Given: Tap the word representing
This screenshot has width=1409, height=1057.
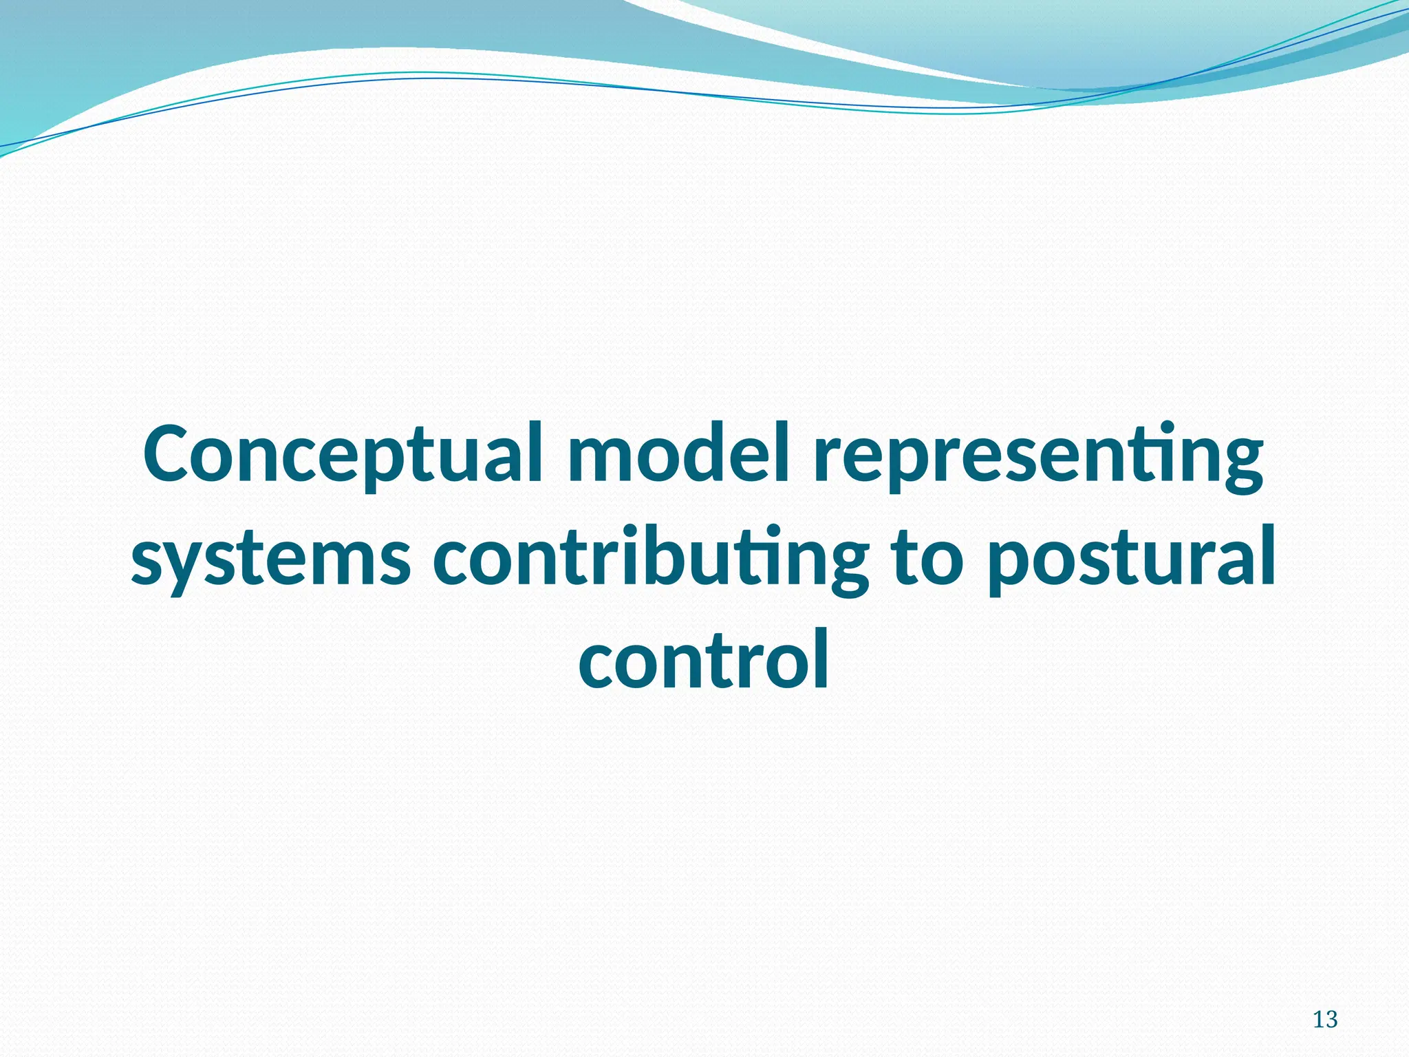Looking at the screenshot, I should click(x=1038, y=455).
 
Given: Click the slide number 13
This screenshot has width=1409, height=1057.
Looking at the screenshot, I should click(x=1325, y=1019).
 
